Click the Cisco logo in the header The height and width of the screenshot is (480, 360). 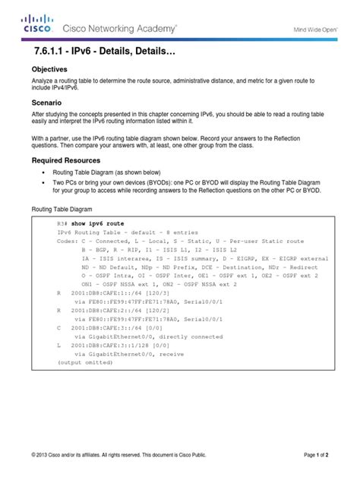(36, 25)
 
